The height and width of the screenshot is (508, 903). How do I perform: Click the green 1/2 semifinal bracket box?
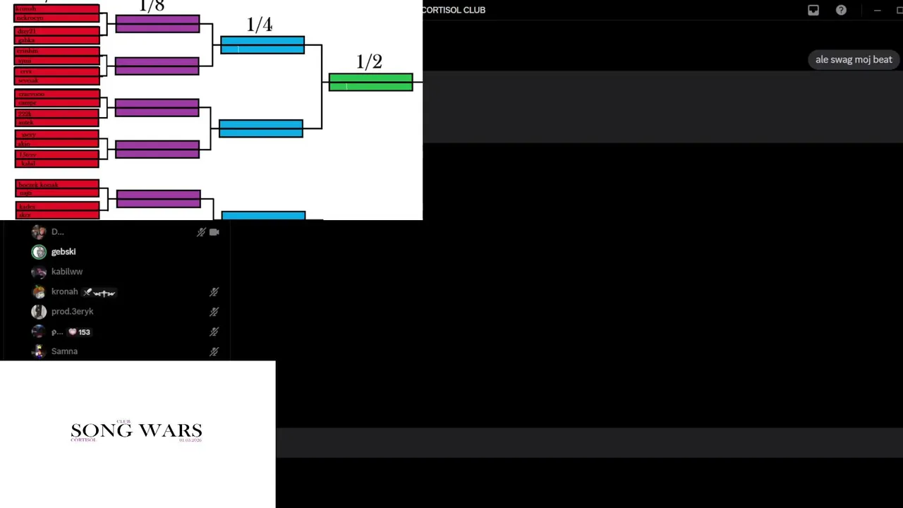click(370, 83)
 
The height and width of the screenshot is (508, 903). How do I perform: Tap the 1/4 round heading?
click(260, 25)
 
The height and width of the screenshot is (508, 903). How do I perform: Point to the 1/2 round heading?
click(369, 62)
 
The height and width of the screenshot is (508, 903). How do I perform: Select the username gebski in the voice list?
click(63, 252)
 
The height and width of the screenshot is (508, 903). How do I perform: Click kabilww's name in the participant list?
click(67, 272)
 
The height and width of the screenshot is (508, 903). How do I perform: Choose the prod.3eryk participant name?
click(72, 311)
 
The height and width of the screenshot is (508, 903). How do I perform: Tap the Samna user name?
click(64, 351)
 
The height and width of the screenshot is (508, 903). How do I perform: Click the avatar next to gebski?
click(39, 252)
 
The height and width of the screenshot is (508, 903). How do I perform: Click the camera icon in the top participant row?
click(214, 231)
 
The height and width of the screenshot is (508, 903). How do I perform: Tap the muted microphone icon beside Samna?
click(214, 351)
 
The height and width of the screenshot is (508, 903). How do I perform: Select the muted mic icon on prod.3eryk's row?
click(214, 312)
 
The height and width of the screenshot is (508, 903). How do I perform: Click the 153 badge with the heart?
click(79, 332)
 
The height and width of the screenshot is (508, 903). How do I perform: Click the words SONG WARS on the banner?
click(136, 430)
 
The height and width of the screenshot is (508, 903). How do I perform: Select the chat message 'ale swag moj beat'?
click(854, 60)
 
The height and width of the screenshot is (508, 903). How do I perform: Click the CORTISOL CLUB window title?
click(454, 10)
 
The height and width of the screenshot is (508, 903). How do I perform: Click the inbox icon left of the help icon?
click(813, 10)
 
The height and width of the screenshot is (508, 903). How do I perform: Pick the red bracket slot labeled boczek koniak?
click(57, 185)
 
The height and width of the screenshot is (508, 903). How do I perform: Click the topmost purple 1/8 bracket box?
click(157, 24)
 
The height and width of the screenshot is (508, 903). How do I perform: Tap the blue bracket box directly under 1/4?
click(262, 45)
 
